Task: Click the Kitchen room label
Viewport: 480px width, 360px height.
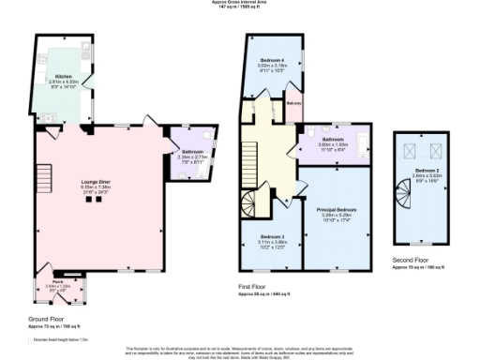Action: (x=63, y=75)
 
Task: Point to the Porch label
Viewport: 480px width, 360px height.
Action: (x=57, y=280)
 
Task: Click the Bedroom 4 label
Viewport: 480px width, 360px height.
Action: (x=274, y=60)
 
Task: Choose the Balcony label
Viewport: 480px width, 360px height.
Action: (x=293, y=102)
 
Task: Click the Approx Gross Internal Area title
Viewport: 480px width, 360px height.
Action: (x=239, y=3)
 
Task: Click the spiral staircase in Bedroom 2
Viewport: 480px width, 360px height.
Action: (x=401, y=198)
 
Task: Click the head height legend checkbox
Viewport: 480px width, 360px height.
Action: (x=30, y=338)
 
